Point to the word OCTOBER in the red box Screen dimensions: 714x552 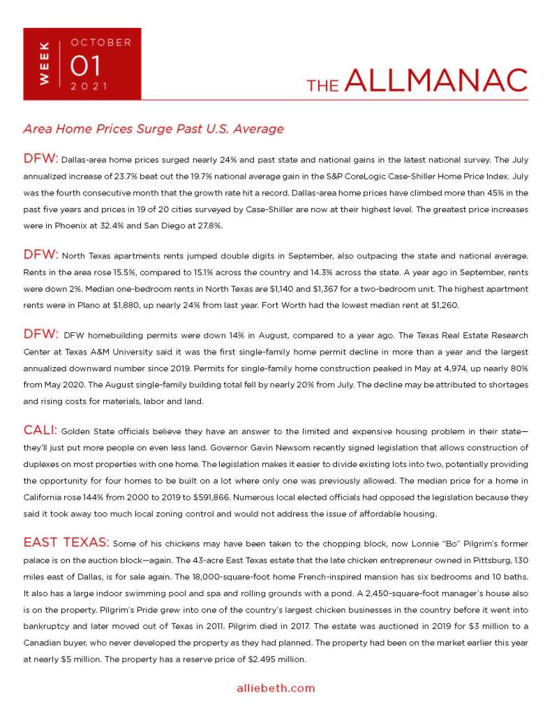point(100,43)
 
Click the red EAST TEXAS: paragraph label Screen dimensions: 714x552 point(66,542)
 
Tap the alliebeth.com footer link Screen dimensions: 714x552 point(276,687)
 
